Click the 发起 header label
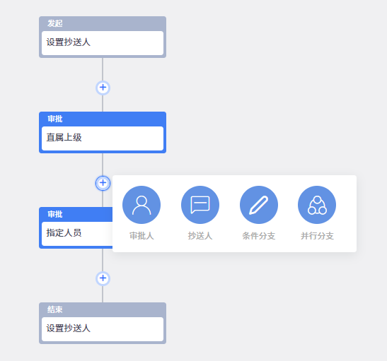point(55,23)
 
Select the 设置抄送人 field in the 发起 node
point(103,43)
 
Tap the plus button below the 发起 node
point(103,88)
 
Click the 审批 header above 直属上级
point(55,119)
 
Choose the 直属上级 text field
point(103,138)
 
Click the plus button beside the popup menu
point(103,183)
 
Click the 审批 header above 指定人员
point(55,214)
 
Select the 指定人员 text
point(64,232)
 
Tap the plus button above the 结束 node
point(103,278)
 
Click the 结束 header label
point(55,309)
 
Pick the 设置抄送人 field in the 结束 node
point(103,329)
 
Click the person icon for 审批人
point(141,205)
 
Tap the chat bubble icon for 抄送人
point(200,205)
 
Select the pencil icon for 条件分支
point(259,205)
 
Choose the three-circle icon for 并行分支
point(317,205)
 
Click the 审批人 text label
point(141,236)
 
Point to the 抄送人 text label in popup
point(200,236)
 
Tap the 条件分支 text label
point(259,236)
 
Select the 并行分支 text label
point(317,236)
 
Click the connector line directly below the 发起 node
point(103,69)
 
